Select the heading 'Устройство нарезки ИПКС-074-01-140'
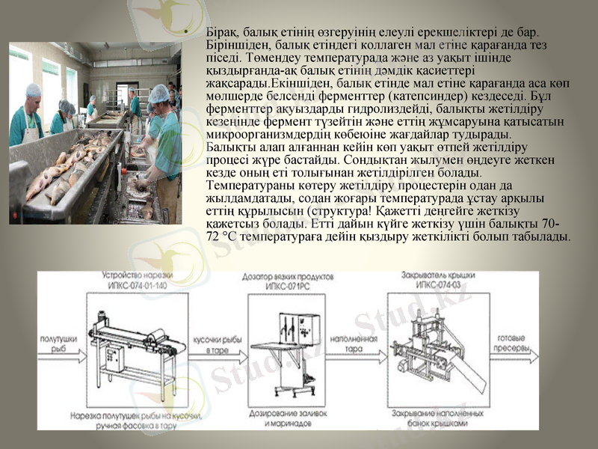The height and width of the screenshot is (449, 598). pyautogui.click(x=134, y=281)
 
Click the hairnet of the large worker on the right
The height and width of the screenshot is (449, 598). pyautogui.click(x=158, y=94)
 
